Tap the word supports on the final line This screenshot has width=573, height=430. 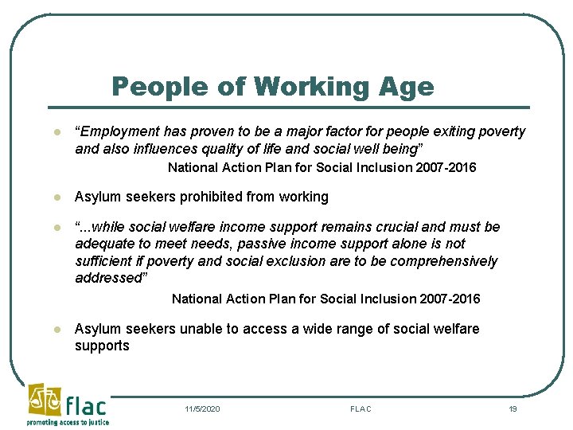(x=102, y=346)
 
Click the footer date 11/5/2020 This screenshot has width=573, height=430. (x=202, y=409)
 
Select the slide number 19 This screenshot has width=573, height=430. (x=513, y=409)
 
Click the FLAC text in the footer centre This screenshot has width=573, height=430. (x=361, y=409)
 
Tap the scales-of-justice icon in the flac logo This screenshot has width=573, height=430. (x=42, y=400)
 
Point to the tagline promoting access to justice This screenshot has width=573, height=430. (x=68, y=422)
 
